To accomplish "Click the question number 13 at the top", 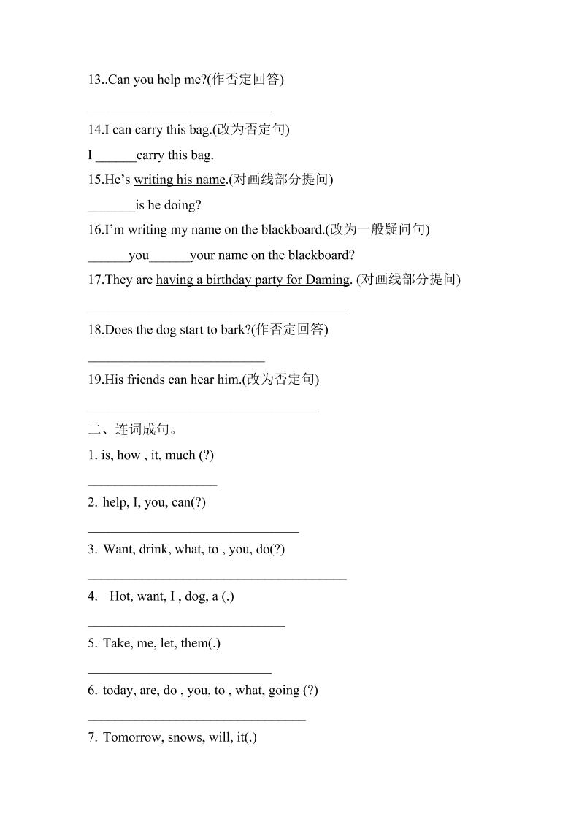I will point(95,80).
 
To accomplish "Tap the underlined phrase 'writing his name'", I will point(180,180).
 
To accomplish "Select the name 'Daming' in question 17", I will point(327,280).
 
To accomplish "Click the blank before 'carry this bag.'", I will point(115,156).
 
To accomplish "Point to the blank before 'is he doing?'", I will point(111,207).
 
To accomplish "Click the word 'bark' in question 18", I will point(231,330).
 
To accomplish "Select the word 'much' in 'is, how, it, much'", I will point(180,455).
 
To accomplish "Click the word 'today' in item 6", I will point(118,691).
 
